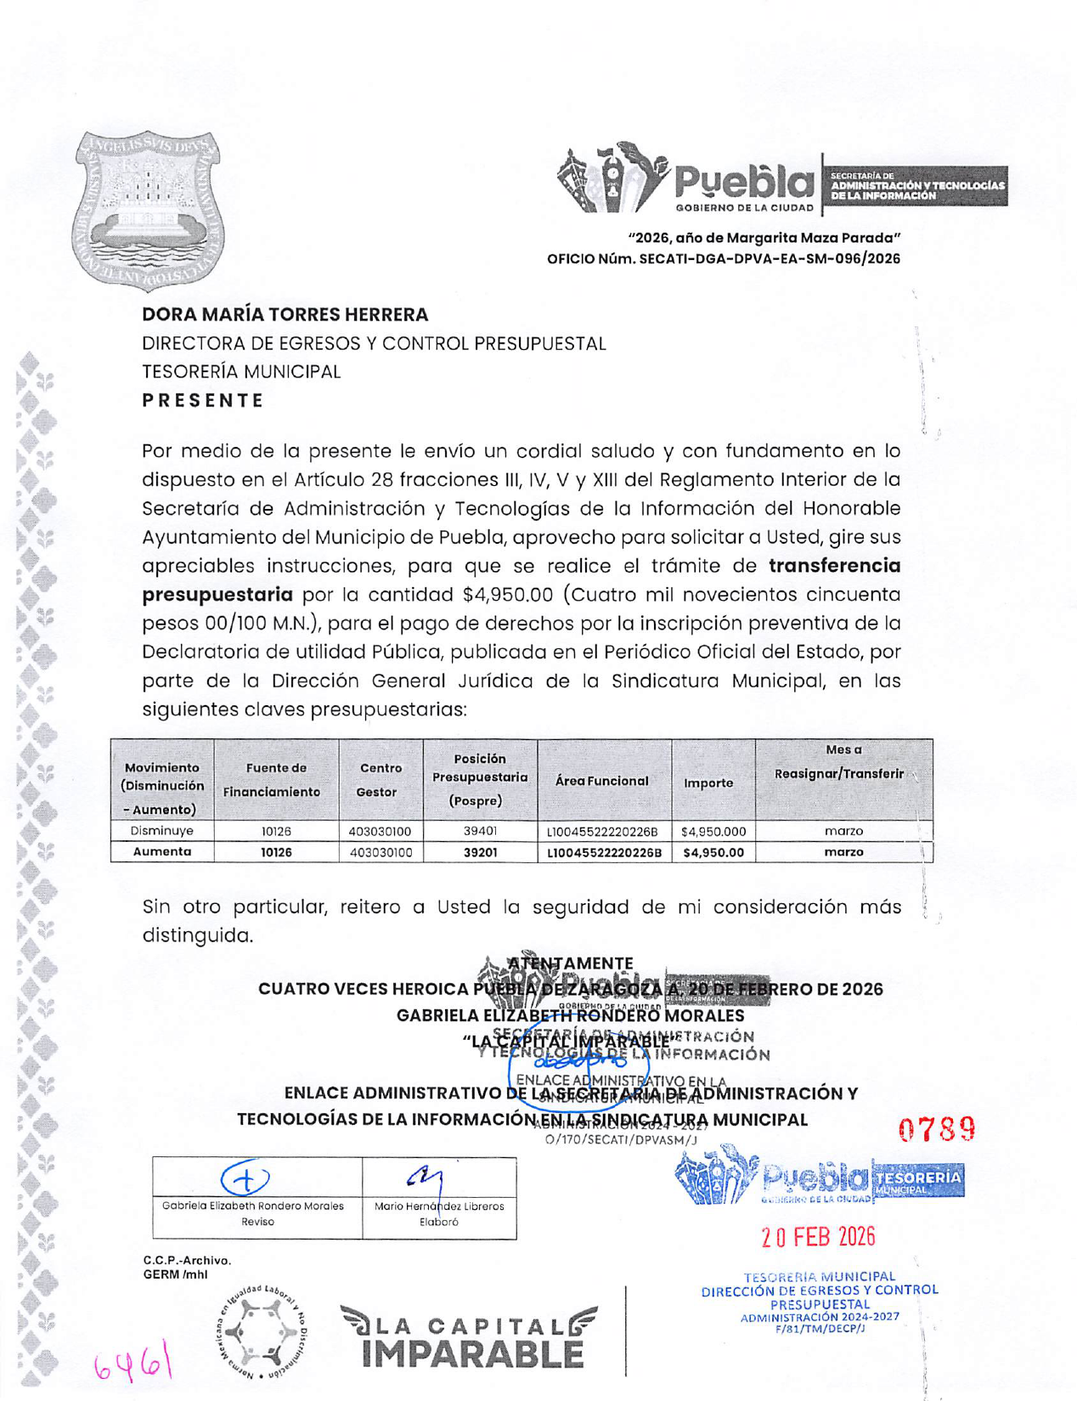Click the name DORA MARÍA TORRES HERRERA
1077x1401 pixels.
[x=285, y=314]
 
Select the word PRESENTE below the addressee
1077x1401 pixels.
[x=203, y=400]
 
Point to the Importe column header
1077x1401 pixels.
[x=708, y=782]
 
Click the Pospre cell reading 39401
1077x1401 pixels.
[x=480, y=831]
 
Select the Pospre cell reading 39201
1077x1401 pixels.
[x=480, y=851]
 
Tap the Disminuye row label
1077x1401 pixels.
[x=161, y=831]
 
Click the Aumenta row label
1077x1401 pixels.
[x=161, y=851]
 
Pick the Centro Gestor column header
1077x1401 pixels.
[x=380, y=779]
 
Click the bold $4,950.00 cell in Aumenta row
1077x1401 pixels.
[x=713, y=852]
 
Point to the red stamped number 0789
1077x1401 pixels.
[x=936, y=1130]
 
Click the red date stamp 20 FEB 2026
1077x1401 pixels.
[x=818, y=1236]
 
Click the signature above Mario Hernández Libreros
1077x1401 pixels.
[x=427, y=1177]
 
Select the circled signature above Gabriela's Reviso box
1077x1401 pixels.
[x=245, y=1178]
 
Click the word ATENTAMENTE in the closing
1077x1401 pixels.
[x=570, y=963]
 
